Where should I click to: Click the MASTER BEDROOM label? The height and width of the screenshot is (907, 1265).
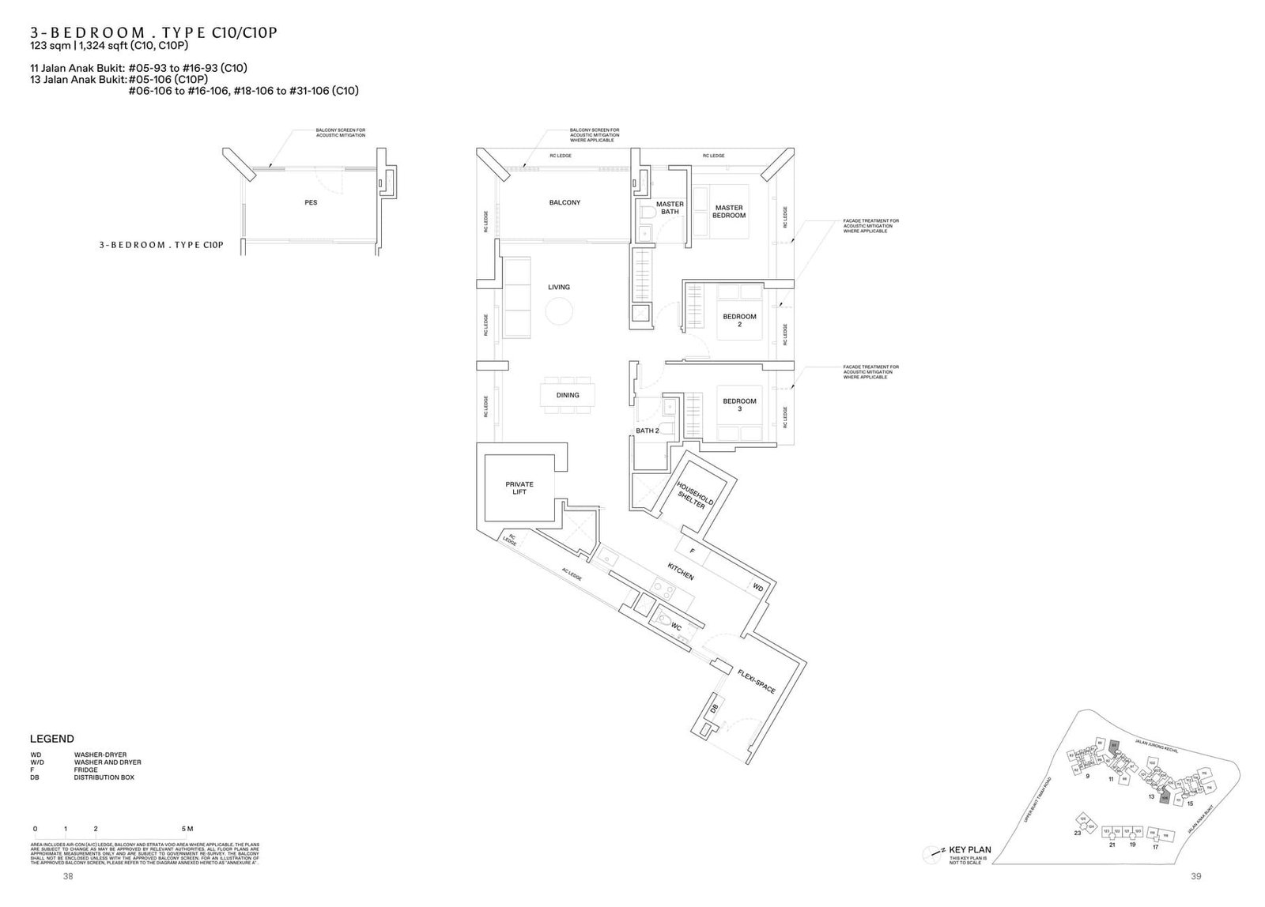coord(728,212)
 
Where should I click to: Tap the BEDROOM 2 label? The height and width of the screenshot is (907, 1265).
coord(739,320)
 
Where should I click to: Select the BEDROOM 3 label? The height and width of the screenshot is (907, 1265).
coord(739,405)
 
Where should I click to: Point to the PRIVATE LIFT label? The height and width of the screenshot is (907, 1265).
coord(519,487)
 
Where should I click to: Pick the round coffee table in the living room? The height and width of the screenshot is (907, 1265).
coord(559,313)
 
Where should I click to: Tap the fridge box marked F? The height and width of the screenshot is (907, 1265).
coord(691,550)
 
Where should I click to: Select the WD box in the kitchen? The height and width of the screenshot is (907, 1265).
coord(757,587)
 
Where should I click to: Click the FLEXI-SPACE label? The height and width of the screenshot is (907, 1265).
coord(756,680)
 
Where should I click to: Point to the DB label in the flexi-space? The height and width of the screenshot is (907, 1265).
coord(714,709)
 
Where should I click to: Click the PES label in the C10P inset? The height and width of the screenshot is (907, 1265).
coord(311,203)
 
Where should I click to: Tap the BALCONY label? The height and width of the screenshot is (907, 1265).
coord(565,203)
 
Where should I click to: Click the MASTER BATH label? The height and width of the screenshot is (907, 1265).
coord(670,208)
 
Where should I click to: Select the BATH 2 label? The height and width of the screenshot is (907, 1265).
coord(647,431)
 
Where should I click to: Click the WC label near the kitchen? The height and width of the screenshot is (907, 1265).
coord(676,627)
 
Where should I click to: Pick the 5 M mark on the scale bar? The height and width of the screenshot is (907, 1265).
coord(187,829)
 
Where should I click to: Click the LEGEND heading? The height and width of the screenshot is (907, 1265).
coord(52,739)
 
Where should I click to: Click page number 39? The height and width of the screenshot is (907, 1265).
coord(1195,876)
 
